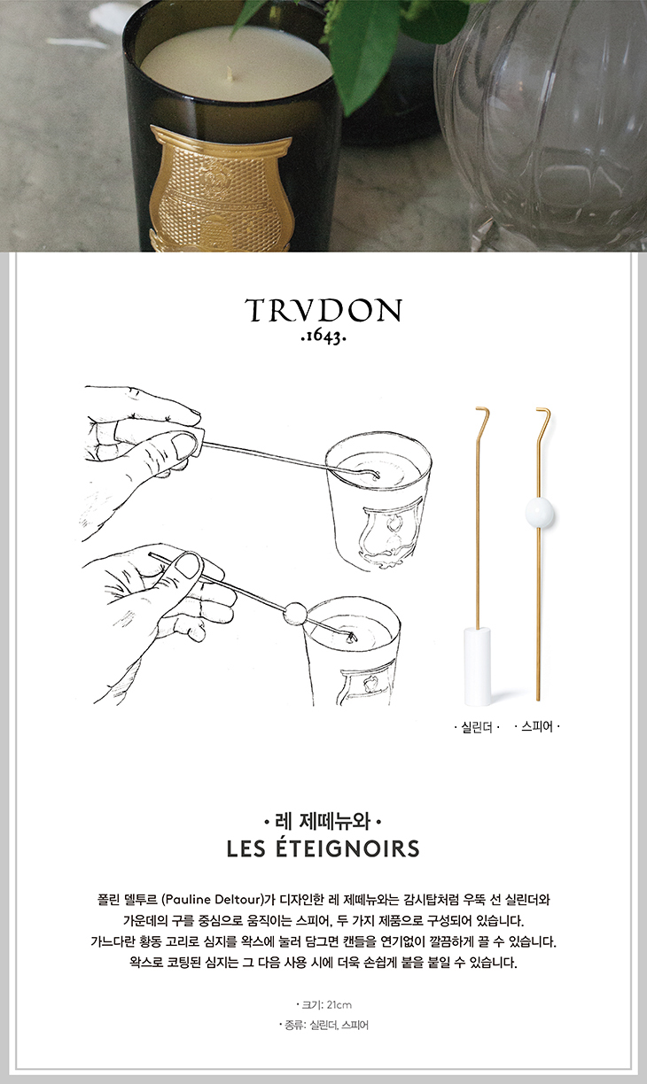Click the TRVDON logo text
pyautogui.click(x=323, y=311)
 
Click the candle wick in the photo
pyautogui.click(x=230, y=74)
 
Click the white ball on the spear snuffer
pyautogui.click(x=540, y=513)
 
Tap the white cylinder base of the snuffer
pyautogui.click(x=477, y=666)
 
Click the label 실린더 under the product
pyautogui.click(x=477, y=727)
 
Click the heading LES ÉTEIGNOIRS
pyautogui.click(x=323, y=848)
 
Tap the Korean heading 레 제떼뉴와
pyautogui.click(x=323, y=821)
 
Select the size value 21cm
pyautogui.click(x=339, y=1005)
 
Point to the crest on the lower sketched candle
pyautogui.click(x=367, y=682)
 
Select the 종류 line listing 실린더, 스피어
pyautogui.click(x=323, y=1025)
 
